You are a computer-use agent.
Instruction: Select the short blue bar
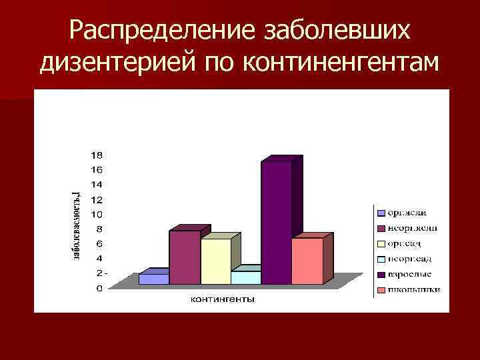153,279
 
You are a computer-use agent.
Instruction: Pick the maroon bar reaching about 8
185,257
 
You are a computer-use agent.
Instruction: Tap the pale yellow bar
215,261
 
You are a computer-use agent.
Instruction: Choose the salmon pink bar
307,261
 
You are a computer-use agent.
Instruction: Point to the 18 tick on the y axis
97,155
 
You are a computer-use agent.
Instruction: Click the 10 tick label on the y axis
97,214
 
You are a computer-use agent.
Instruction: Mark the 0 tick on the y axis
99,289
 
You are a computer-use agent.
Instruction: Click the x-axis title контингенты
222,299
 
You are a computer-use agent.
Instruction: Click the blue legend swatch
381,213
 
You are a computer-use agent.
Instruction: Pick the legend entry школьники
413,289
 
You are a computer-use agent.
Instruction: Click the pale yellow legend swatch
381,243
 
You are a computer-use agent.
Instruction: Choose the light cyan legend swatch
381,259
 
